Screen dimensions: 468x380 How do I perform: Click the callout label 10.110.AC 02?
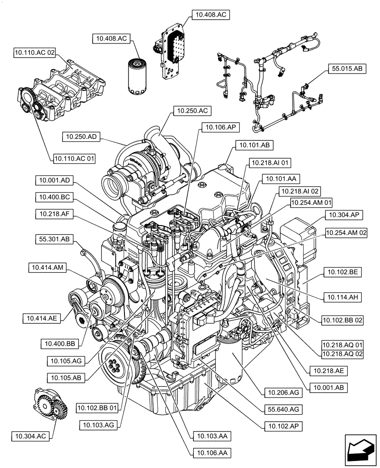[35, 53]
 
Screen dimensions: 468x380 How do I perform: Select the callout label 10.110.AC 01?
[74, 159]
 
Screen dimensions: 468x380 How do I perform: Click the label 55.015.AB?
[347, 68]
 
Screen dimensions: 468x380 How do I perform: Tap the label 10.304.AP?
[343, 215]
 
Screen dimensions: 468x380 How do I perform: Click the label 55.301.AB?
[52, 239]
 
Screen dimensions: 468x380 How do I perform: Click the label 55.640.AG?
[282, 409]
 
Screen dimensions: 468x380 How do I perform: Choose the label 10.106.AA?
[211, 453]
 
